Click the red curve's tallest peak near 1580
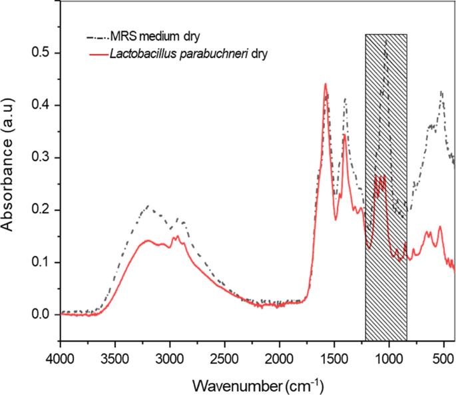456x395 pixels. (325, 84)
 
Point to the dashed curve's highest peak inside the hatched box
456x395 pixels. (387, 41)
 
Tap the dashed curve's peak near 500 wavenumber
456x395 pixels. (441, 91)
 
